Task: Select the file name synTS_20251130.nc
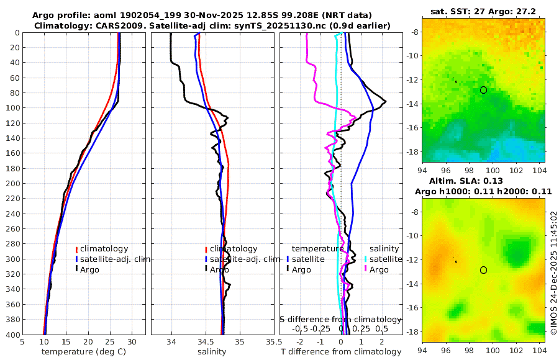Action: pos(288,25)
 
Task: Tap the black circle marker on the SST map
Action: pos(484,90)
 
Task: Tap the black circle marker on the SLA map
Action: pos(484,270)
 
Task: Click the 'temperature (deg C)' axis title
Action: pos(84,352)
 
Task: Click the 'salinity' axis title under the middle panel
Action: pos(211,352)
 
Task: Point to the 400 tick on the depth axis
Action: pos(12,335)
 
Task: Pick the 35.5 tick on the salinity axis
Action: pos(270,341)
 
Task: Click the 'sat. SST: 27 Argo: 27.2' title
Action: pos(483,12)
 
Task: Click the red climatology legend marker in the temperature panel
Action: pos(77,249)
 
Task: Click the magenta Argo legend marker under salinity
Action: pos(366,269)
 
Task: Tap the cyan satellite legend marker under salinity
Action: pos(366,259)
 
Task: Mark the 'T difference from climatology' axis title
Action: pos(341,352)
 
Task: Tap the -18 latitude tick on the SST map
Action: pos(412,152)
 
